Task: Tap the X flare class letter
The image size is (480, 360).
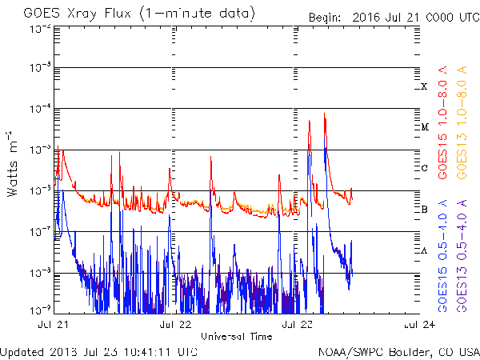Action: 425,86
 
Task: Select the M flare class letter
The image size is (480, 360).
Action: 425,127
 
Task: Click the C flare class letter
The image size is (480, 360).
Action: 425,168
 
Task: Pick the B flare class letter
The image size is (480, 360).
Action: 425,210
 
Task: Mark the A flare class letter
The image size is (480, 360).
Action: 425,250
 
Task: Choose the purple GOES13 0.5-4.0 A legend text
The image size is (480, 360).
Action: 462,255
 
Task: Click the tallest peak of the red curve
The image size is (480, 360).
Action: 324,114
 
